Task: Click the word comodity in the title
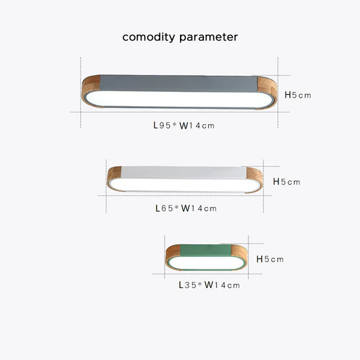point(149,37)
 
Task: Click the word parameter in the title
point(208,38)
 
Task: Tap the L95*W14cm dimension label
point(184,125)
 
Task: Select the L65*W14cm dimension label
point(186,208)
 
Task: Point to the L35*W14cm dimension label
point(209,285)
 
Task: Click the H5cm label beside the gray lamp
point(298,95)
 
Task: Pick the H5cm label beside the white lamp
point(287,182)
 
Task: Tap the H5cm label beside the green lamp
point(270,259)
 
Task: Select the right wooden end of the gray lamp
point(267,92)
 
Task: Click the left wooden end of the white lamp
point(114,178)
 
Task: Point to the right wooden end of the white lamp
point(254,179)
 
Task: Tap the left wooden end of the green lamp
point(173,256)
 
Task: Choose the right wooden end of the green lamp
point(239,257)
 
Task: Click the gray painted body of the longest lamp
point(179,83)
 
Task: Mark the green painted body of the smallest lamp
point(206,250)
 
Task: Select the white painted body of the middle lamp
point(184,173)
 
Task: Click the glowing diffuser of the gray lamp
point(179,99)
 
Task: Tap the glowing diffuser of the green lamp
point(207,263)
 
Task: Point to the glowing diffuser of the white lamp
point(185,185)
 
